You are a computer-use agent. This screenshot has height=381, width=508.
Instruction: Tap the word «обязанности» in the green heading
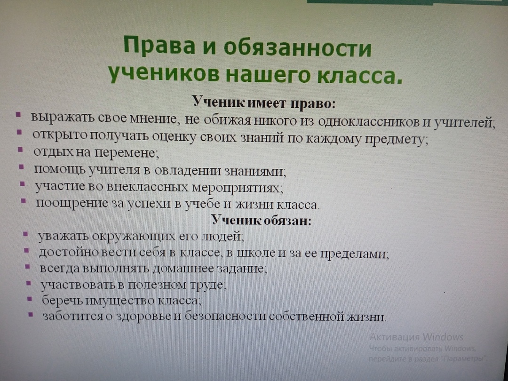[x=297, y=48]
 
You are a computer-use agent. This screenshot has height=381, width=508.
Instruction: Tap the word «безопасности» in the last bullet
[x=225, y=316]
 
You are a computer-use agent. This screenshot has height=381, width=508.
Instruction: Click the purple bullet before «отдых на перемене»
[x=20, y=150]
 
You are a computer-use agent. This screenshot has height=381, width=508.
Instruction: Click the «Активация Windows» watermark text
[x=416, y=337]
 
